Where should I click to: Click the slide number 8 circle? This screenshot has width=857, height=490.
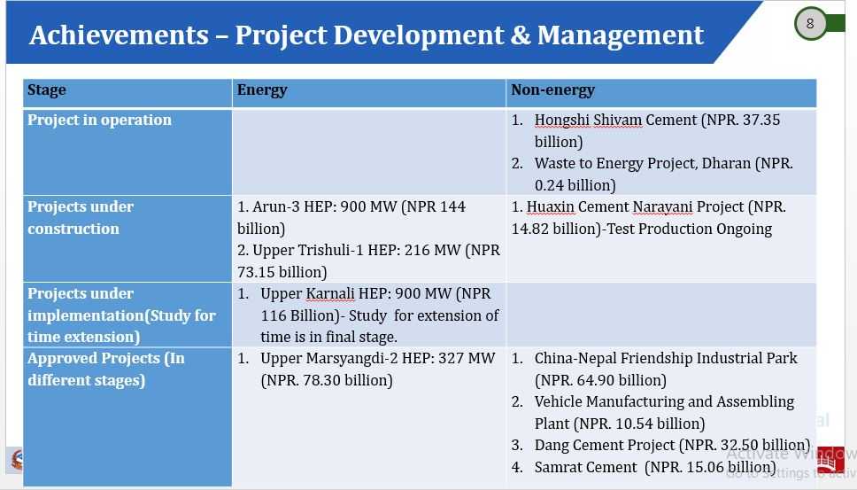click(x=810, y=24)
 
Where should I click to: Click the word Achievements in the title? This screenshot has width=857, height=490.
click(x=119, y=35)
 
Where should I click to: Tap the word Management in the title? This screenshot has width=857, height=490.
click(x=621, y=36)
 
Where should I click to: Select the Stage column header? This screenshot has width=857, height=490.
click(x=46, y=90)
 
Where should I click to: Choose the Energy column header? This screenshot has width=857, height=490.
click(x=262, y=90)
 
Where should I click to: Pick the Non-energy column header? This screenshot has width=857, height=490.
click(x=552, y=90)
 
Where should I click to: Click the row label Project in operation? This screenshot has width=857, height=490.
click(x=99, y=120)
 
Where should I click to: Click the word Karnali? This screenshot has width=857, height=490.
click(x=330, y=293)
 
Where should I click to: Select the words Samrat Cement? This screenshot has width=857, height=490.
click(x=585, y=467)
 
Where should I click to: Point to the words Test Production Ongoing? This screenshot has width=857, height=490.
click(x=689, y=229)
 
